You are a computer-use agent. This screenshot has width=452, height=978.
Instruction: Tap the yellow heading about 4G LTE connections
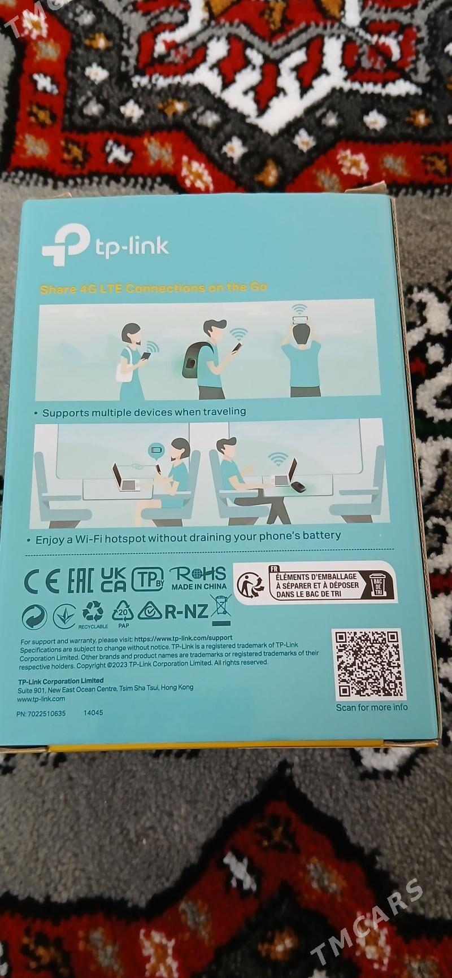(153, 288)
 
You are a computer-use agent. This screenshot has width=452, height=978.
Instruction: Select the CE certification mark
(41, 582)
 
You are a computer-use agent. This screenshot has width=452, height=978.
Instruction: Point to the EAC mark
(80, 582)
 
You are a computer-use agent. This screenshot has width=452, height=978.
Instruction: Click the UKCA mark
(114, 580)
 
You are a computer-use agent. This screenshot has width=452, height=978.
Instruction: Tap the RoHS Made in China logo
(199, 579)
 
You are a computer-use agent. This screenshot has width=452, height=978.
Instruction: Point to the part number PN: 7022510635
(41, 713)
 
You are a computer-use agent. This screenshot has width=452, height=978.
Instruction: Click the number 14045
(93, 713)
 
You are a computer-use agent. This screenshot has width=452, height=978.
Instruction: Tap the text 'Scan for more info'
(371, 707)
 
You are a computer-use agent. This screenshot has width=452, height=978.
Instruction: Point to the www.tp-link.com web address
(41, 698)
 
